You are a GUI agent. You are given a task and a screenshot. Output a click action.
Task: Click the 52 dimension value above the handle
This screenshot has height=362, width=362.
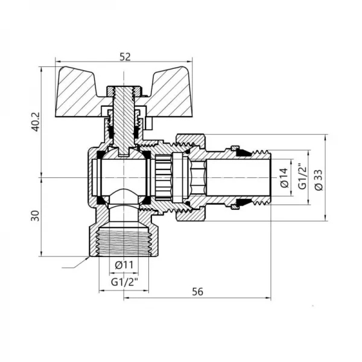(125, 56)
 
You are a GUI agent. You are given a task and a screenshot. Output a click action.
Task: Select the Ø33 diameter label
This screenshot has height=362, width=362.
(319, 178)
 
